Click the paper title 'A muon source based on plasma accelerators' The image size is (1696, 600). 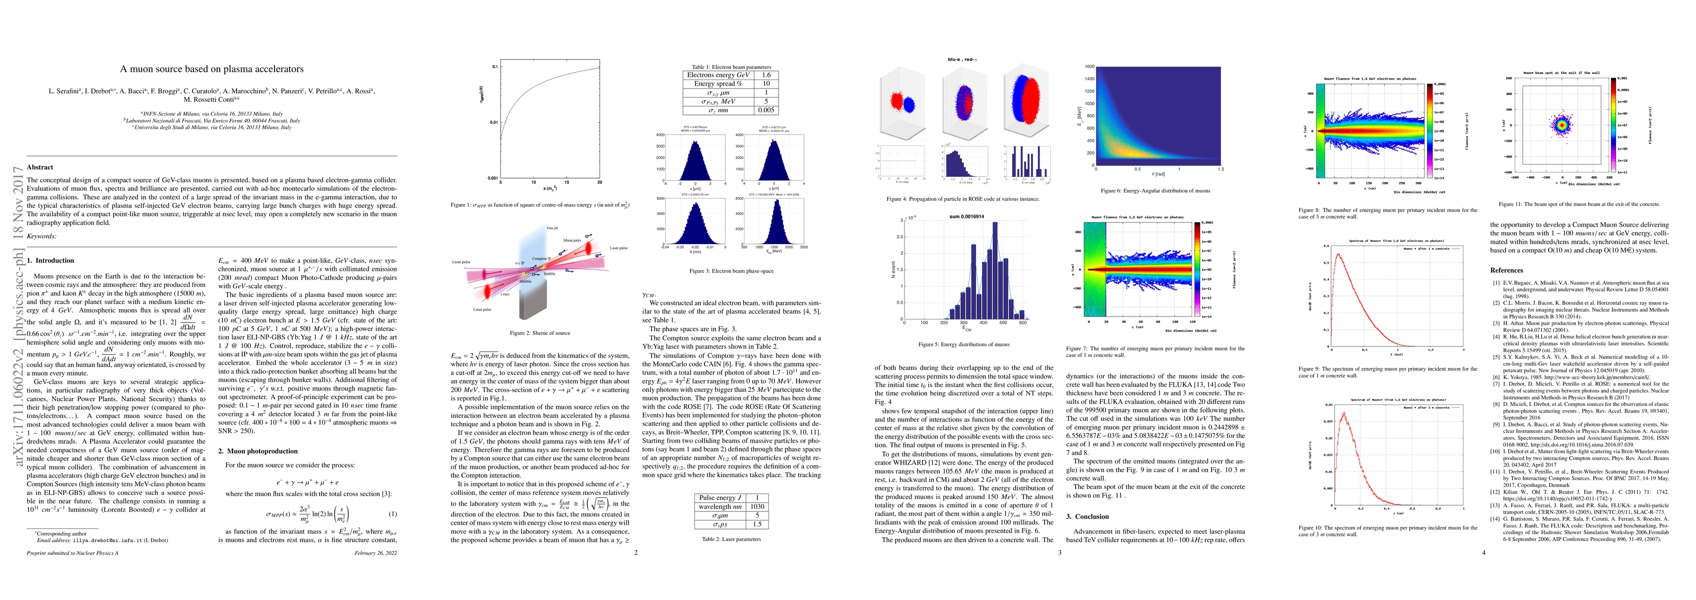[211, 69]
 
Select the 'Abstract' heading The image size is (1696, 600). [40, 167]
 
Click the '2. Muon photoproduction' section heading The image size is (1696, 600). [257, 451]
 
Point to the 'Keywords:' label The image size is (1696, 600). [41, 236]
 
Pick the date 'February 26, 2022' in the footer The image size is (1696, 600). [375, 553]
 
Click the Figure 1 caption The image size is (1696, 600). [540, 205]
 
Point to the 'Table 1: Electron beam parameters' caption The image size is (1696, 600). [722, 67]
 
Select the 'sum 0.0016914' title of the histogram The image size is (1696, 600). [966, 216]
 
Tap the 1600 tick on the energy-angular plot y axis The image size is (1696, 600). [1089, 66]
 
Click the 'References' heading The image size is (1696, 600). [1506, 270]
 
